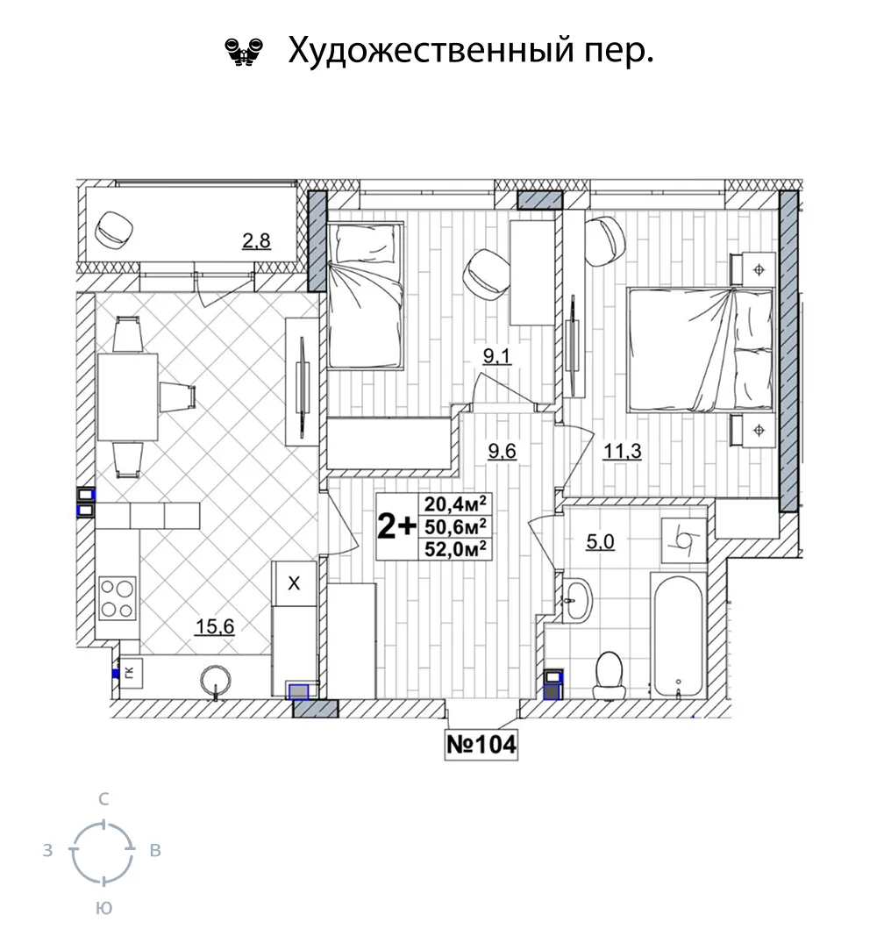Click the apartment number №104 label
click(x=481, y=745)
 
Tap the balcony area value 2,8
click(x=256, y=240)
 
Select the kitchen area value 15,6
click(x=215, y=626)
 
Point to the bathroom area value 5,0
click(x=600, y=541)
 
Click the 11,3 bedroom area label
click(x=623, y=451)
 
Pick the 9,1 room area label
click(x=497, y=356)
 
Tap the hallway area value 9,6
click(x=502, y=451)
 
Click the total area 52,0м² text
click(x=455, y=548)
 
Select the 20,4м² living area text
click(x=455, y=504)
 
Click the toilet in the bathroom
click(x=608, y=675)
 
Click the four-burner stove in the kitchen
click(x=117, y=599)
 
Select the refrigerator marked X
click(x=294, y=583)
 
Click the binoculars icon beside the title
click(x=244, y=52)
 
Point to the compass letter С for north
click(x=103, y=798)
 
